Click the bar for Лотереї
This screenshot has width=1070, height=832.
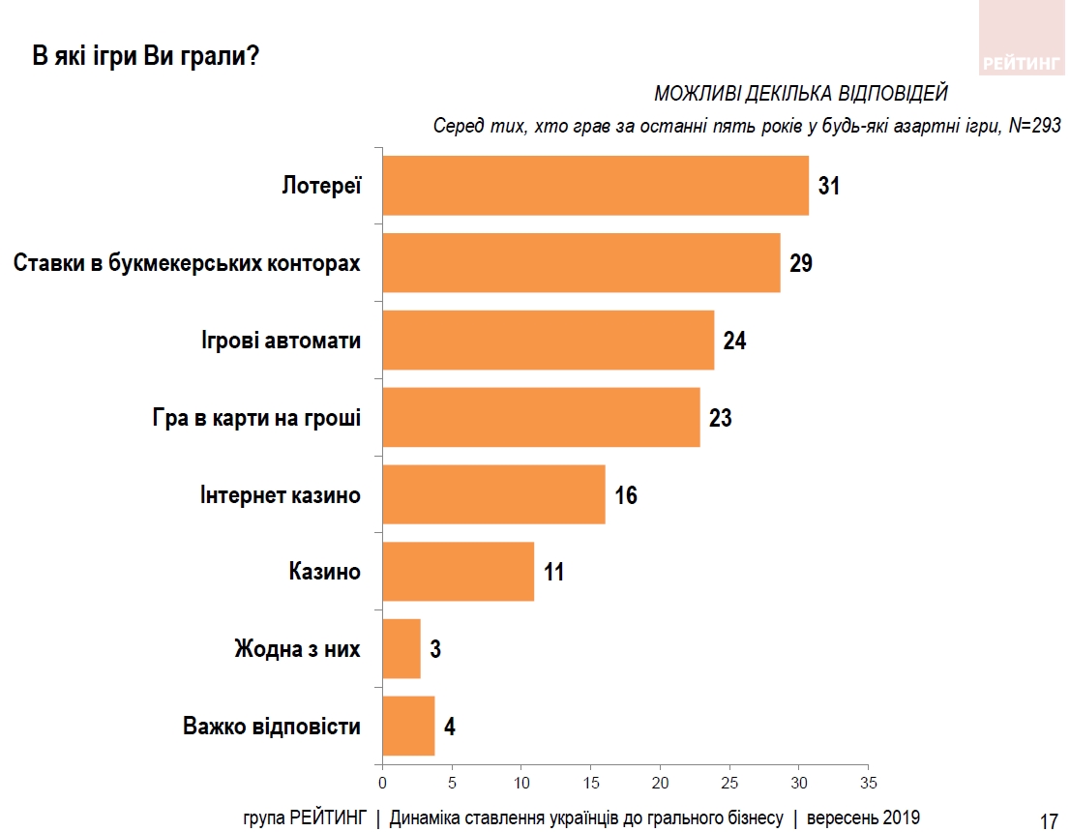pyautogui.click(x=595, y=185)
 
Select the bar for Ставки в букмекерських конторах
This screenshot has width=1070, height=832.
pyautogui.click(x=581, y=262)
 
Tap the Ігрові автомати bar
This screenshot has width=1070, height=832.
pyautogui.click(x=549, y=340)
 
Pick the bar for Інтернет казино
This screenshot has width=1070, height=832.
pyautogui.click(x=493, y=494)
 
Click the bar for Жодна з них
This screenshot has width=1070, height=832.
pyautogui.click(x=401, y=649)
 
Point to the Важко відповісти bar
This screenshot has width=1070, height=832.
pyautogui.click(x=408, y=726)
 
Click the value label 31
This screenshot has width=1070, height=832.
pyautogui.click(x=829, y=186)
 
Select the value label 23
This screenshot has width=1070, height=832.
pyautogui.click(x=720, y=418)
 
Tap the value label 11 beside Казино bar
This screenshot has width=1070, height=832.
pyautogui.click(x=553, y=572)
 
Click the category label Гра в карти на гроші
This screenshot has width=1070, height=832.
pyautogui.click(x=256, y=418)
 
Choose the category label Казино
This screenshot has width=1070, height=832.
pyautogui.click(x=324, y=572)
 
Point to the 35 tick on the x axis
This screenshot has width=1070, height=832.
pyautogui.click(x=869, y=782)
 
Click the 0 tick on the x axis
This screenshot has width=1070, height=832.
pyautogui.click(x=382, y=782)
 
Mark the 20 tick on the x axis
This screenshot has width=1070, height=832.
pyautogui.click(x=661, y=782)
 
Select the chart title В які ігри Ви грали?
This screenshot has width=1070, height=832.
pyautogui.click(x=145, y=56)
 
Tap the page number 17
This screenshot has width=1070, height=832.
pyautogui.click(x=1049, y=821)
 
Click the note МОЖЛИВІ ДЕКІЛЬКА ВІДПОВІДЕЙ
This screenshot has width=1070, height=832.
pyautogui.click(x=801, y=94)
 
